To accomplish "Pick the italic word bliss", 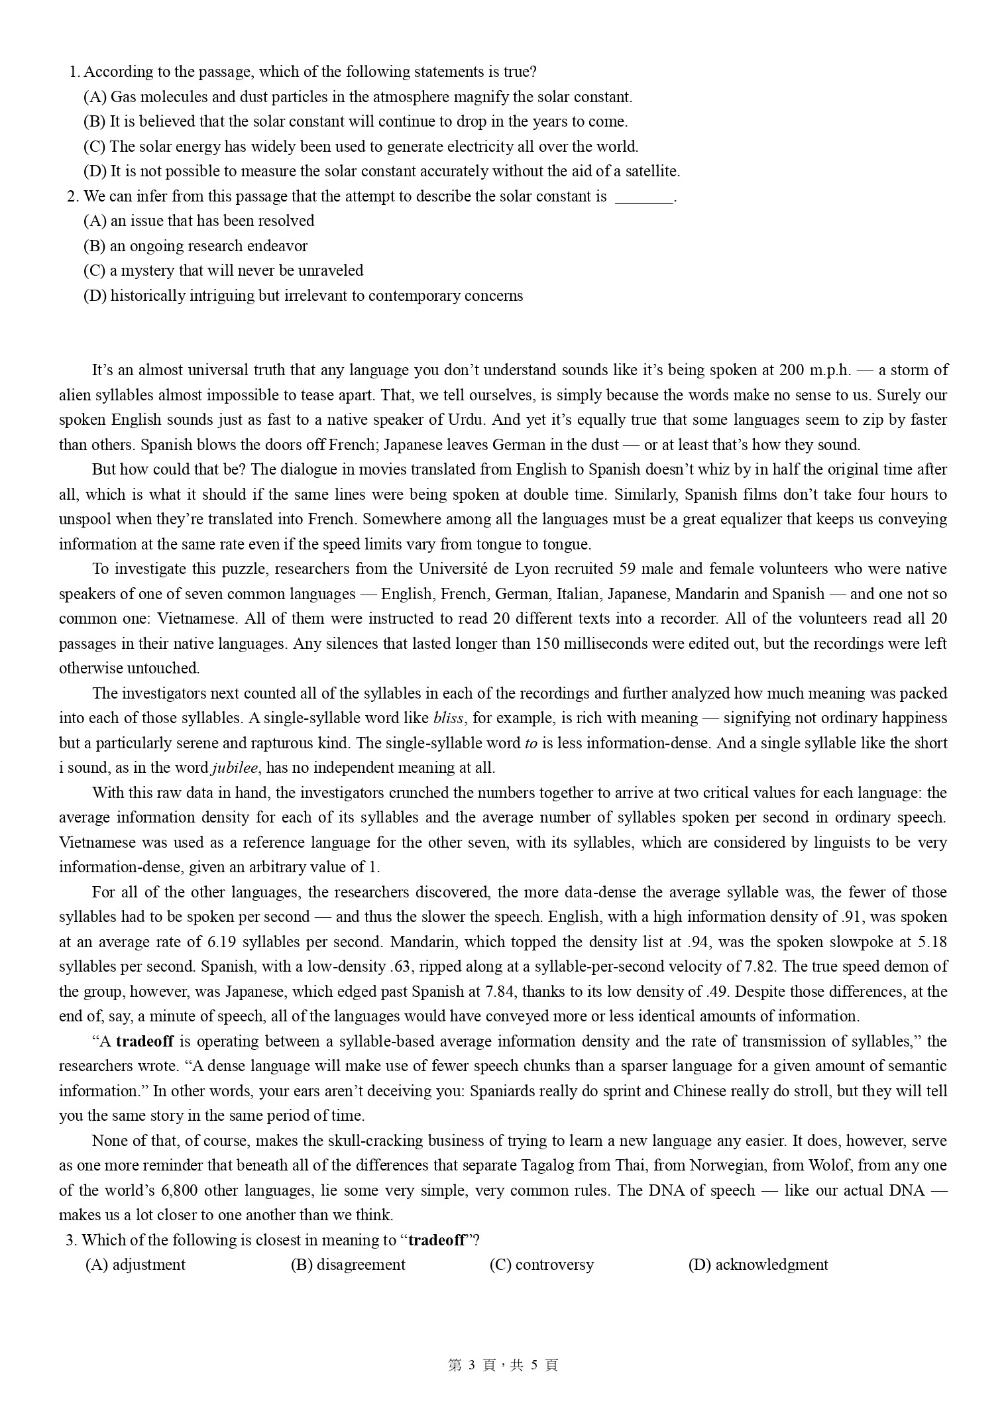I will pyautogui.click(x=449, y=718).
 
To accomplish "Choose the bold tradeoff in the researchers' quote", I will pyautogui.click(x=144, y=1042).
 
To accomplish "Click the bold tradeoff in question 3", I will pyautogui.click(x=437, y=1241).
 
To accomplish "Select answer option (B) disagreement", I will pyautogui.click(x=349, y=1265).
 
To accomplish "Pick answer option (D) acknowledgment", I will pyautogui.click(x=759, y=1265).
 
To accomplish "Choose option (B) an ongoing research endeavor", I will pyautogui.click(x=196, y=247).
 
